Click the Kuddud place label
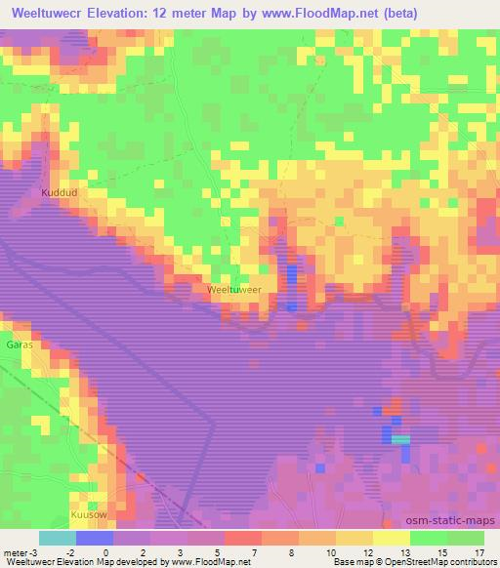pos(58,193)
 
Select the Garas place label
pos(20,345)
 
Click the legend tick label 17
pos(478,551)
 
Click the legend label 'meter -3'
pos(20,551)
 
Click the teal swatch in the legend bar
pos(58,538)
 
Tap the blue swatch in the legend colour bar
pos(95,538)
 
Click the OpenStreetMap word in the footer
pos(404,562)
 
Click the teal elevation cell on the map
pos(400,440)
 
